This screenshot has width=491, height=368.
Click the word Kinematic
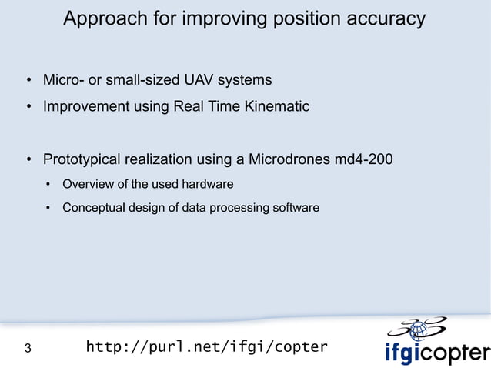pyautogui.click(x=276, y=107)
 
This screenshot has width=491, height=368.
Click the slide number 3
pyautogui.click(x=28, y=349)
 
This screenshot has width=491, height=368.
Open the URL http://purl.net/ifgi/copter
pyautogui.click(x=206, y=347)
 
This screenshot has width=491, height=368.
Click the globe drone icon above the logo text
pyautogui.click(x=419, y=330)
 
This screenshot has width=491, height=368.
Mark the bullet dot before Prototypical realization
pyautogui.click(x=27, y=161)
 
